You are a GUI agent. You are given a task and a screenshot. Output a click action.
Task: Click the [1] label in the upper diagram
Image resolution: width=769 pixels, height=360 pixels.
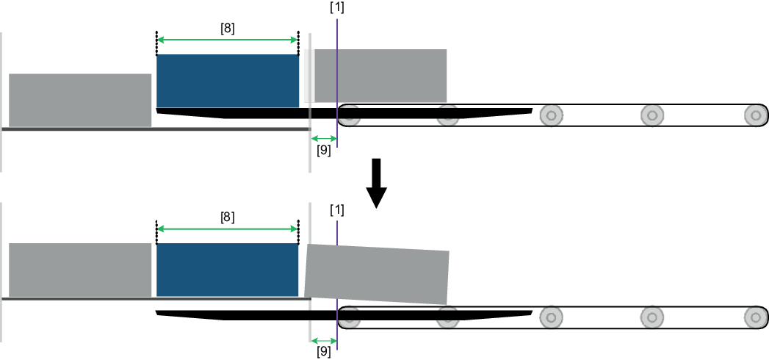tap(338, 8)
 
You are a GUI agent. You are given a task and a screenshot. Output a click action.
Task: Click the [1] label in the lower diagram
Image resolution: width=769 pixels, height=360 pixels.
tap(338, 209)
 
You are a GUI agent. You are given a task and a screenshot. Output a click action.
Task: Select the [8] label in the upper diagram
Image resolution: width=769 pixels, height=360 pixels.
tap(228, 29)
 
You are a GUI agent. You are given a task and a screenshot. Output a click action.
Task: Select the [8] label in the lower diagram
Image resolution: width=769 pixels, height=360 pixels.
tap(228, 217)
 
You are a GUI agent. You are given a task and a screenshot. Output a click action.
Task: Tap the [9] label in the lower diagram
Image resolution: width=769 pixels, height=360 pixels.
tap(323, 352)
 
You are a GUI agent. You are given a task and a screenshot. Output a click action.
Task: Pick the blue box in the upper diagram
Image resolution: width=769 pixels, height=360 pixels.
tap(228, 81)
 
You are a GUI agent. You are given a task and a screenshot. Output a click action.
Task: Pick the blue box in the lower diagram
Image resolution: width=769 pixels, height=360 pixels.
tap(228, 270)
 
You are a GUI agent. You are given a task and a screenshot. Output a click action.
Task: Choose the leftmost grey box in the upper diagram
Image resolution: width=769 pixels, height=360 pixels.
tap(80, 100)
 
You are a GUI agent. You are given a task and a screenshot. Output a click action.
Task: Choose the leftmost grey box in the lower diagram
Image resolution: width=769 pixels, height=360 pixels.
tap(80, 270)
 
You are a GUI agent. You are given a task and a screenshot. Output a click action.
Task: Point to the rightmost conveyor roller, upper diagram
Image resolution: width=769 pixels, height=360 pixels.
tap(754, 115)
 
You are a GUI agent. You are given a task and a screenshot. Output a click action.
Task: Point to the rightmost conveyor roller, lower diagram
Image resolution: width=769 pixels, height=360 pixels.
tap(754, 317)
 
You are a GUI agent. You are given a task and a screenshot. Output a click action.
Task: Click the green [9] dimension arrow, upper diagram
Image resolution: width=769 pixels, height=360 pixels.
tap(323, 138)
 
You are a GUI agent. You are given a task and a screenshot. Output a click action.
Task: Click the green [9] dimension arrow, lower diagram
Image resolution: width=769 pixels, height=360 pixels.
tap(323, 340)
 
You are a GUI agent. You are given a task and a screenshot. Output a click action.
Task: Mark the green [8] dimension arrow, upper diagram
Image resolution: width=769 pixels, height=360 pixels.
tap(228, 40)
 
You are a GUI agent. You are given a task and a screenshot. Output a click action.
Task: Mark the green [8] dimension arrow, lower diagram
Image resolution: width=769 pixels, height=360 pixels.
tap(228, 229)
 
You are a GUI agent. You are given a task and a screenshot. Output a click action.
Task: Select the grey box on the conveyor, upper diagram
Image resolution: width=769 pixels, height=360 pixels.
tap(380, 76)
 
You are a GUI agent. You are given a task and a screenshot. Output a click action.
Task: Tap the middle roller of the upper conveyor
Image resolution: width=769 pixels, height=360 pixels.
tap(551, 115)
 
